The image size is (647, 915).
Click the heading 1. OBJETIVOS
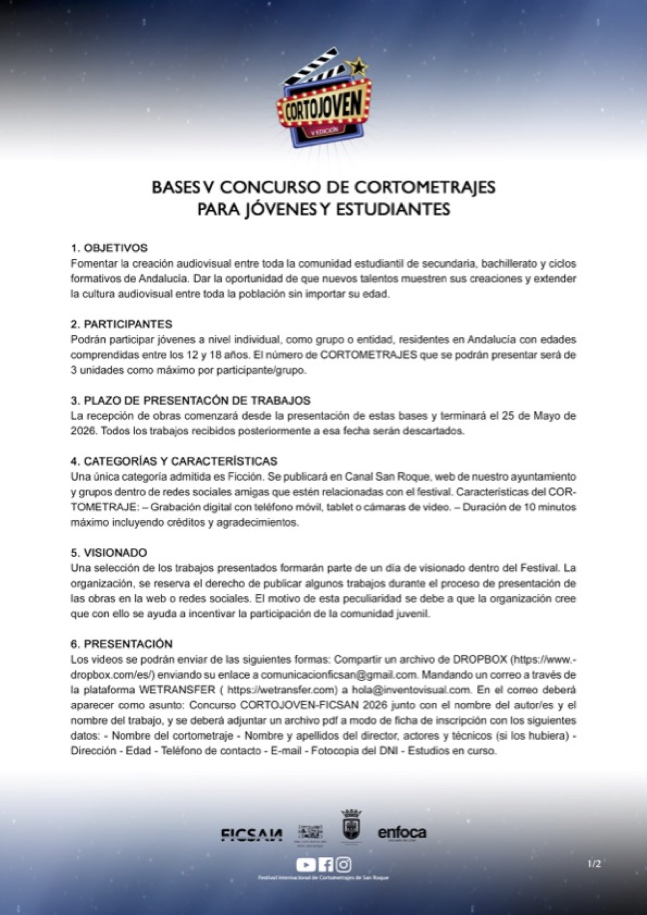(x=109, y=248)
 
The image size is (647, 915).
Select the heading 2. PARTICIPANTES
(x=121, y=324)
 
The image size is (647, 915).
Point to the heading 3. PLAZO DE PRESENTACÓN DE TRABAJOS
(x=190, y=400)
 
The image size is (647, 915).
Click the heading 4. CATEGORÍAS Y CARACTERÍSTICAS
(x=174, y=461)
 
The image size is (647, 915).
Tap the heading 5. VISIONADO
(x=109, y=552)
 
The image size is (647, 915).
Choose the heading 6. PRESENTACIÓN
(x=121, y=644)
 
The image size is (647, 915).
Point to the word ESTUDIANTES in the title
(x=393, y=209)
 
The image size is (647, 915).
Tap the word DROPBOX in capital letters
(x=480, y=659)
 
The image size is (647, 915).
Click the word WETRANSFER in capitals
(x=177, y=689)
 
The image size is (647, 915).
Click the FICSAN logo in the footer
(x=251, y=834)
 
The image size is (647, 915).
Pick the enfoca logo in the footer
(x=401, y=833)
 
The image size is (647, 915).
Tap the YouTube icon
(x=305, y=864)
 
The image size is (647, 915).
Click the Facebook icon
(x=326, y=864)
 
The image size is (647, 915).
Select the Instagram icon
(x=344, y=864)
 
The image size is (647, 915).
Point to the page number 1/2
(x=594, y=864)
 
